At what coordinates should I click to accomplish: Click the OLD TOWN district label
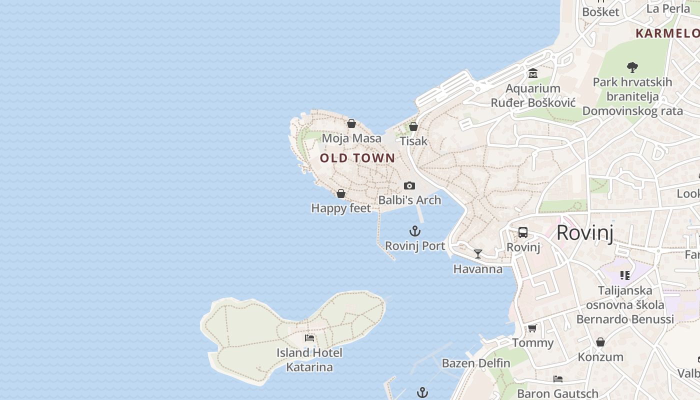[x=357, y=158]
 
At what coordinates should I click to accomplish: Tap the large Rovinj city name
[x=584, y=232]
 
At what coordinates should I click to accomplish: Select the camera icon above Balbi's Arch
[x=409, y=186]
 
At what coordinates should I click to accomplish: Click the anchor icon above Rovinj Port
[x=415, y=231]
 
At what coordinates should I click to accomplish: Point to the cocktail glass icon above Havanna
[x=478, y=254]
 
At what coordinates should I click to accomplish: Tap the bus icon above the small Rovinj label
[x=523, y=232]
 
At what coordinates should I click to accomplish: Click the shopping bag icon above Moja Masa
[x=351, y=123]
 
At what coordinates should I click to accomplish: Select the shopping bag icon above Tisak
[x=413, y=126]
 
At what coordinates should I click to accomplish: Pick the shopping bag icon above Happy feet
[x=341, y=193]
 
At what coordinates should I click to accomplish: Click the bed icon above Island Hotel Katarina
[x=309, y=338]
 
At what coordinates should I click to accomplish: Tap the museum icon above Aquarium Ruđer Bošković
[x=533, y=74]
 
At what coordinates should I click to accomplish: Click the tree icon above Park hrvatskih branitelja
[x=632, y=67]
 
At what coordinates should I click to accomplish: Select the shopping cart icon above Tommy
[x=532, y=328]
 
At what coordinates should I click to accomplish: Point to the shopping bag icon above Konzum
[x=600, y=342]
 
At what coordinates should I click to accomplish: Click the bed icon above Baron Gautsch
[x=558, y=379]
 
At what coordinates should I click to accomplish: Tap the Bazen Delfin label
[x=476, y=363]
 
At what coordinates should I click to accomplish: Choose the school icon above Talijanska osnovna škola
[x=625, y=275]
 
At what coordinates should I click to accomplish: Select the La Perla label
[x=668, y=8]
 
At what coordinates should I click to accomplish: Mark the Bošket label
[x=601, y=12]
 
